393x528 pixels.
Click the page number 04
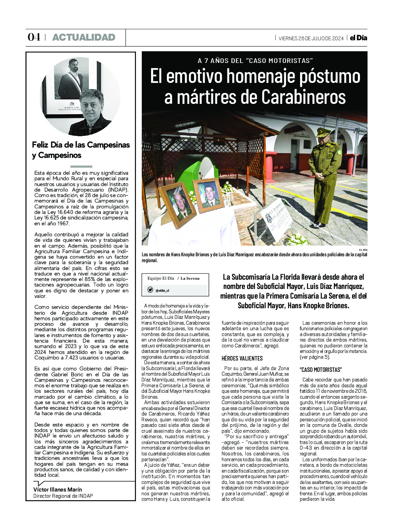click(34, 37)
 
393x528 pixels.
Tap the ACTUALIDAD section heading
click(84, 37)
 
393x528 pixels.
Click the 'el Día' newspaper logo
click(358, 38)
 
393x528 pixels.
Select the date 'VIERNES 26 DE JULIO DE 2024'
click(311, 38)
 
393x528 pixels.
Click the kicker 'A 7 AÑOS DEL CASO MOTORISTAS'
click(255, 61)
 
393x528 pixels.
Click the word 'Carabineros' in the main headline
click(303, 97)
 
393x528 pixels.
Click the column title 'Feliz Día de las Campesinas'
click(81, 145)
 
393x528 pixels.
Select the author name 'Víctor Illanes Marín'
click(57, 489)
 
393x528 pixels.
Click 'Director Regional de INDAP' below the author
click(63, 496)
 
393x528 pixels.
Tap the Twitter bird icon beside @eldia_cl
click(150, 290)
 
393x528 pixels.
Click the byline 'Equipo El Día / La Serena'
click(173, 278)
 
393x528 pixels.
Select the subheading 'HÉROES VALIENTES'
click(242, 358)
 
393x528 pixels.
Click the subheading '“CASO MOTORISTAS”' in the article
click(320, 369)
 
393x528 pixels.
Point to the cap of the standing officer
click(323, 132)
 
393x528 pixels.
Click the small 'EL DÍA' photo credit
click(363, 249)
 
